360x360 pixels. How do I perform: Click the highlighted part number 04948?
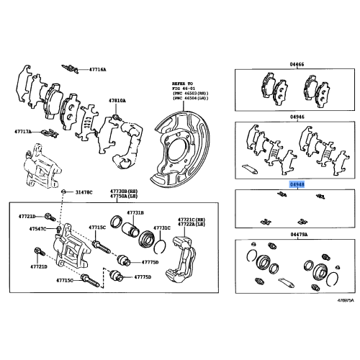[297, 184]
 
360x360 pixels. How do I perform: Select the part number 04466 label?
[297, 64]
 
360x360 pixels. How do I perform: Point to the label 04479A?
[297, 235]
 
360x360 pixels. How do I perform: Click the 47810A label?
[118, 100]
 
